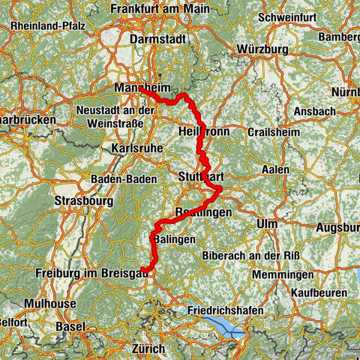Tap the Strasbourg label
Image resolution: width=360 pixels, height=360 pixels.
83,201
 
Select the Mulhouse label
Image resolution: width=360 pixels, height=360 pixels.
49,304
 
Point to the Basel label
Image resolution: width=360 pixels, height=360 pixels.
71,327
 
